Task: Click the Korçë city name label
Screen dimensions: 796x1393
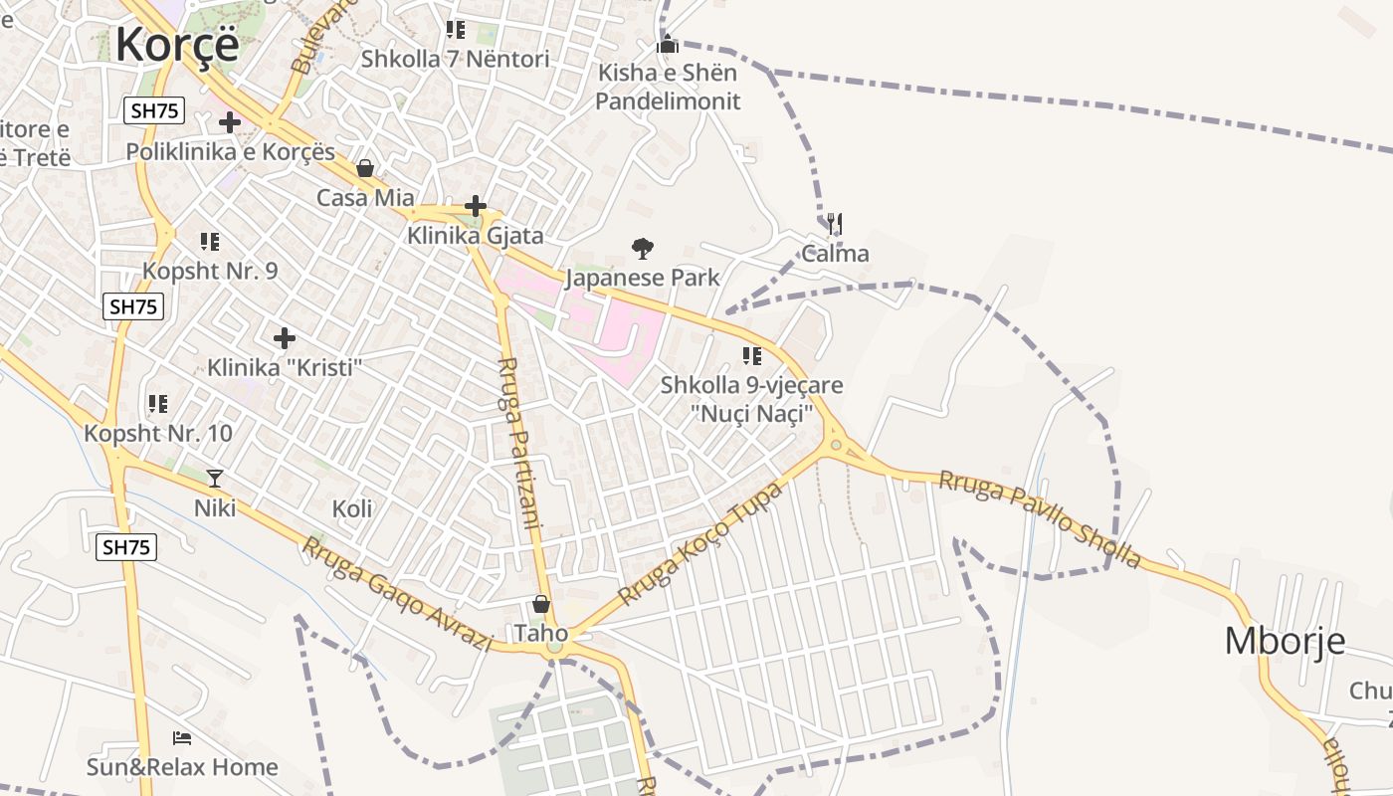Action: click(x=177, y=45)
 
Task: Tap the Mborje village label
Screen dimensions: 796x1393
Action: click(x=1285, y=641)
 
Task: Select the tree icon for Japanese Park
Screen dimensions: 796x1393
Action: click(x=643, y=249)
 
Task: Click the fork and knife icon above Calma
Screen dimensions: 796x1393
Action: click(x=835, y=224)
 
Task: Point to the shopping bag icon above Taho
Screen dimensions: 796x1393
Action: click(x=540, y=604)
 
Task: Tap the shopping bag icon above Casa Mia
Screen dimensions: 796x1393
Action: click(x=365, y=168)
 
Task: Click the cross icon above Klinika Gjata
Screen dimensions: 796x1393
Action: click(x=476, y=206)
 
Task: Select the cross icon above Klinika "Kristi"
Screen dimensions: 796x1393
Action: click(x=285, y=338)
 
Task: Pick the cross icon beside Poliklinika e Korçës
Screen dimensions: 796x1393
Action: click(x=230, y=122)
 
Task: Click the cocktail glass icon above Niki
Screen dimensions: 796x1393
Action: click(x=214, y=479)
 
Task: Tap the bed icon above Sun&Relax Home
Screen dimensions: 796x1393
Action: click(x=182, y=737)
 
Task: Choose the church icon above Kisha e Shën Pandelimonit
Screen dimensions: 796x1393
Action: click(x=668, y=44)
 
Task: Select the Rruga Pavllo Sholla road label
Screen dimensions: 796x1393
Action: click(x=1040, y=518)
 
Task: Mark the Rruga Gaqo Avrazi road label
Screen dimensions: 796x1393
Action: click(x=397, y=594)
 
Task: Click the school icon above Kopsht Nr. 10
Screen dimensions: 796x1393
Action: click(x=157, y=404)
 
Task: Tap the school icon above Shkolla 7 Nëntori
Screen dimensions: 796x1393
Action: click(x=455, y=30)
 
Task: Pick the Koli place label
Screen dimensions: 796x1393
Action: click(x=352, y=509)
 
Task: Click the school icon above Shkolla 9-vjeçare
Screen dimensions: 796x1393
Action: click(x=751, y=355)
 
